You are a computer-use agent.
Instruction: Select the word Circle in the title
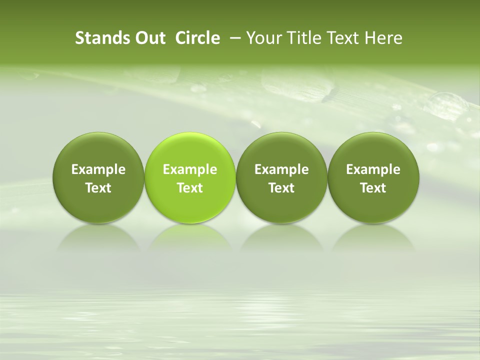point(197,38)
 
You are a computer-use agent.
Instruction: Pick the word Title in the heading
point(300,38)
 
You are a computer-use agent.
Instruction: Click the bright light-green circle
point(190,150)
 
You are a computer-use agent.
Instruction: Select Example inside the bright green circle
point(190,170)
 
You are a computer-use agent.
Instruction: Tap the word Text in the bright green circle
point(190,188)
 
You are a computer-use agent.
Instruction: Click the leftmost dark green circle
point(98,150)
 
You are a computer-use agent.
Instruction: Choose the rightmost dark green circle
point(373,150)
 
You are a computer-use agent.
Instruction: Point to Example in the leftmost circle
point(98,170)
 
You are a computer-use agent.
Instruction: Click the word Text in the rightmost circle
point(373,188)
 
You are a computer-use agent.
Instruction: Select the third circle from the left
point(281,150)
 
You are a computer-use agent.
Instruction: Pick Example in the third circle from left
point(281,170)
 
